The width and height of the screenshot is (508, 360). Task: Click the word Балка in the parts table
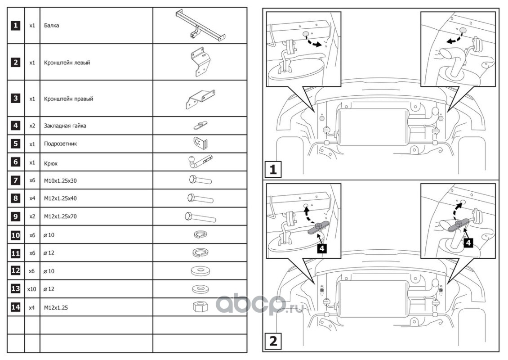(x=52, y=26)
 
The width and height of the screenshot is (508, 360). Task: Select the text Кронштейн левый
(x=67, y=63)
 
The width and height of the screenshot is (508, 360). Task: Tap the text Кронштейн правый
(x=68, y=99)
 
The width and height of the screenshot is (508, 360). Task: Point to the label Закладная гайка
(x=65, y=126)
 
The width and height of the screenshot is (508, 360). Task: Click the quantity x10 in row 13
(x=31, y=288)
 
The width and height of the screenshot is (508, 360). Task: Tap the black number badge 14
(x=16, y=307)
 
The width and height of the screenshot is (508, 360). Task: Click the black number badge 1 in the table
(x=16, y=26)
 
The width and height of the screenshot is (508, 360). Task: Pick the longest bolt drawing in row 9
(x=200, y=217)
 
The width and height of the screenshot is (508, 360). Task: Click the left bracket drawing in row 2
(x=199, y=62)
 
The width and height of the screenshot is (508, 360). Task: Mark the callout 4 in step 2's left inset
(x=322, y=247)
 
